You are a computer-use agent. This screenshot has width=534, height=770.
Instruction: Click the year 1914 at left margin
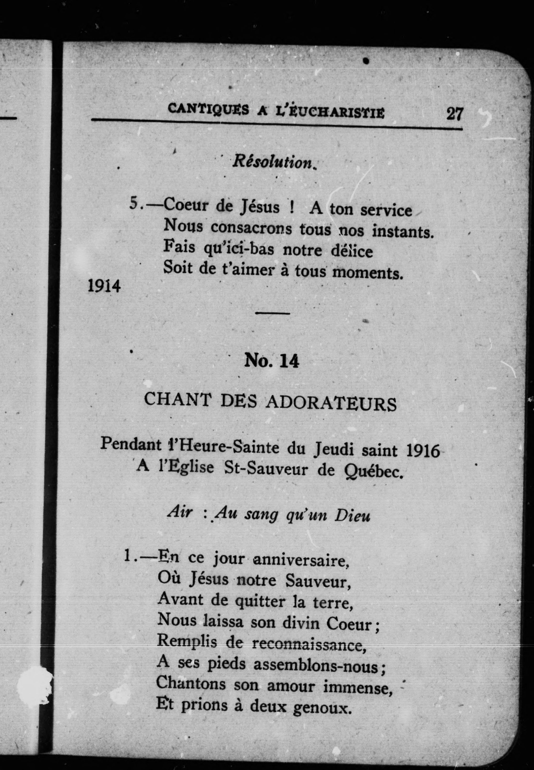104,287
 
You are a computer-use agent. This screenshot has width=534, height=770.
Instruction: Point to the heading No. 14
272,361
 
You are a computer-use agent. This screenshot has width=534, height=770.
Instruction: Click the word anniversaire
301,560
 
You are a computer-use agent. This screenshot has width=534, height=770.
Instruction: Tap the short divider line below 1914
273,313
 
